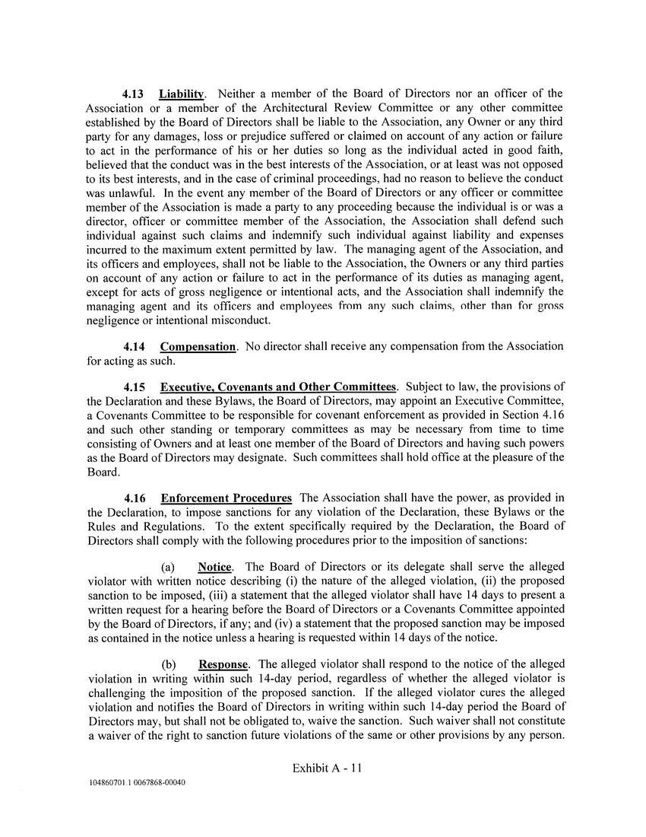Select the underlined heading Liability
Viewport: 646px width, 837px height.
pos(182,94)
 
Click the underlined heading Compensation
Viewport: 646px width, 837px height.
pos(198,347)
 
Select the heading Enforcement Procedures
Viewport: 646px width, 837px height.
pos(226,498)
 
